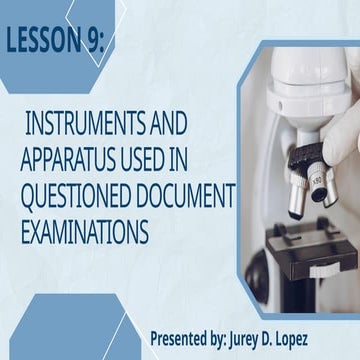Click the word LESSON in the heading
(x=44, y=42)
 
